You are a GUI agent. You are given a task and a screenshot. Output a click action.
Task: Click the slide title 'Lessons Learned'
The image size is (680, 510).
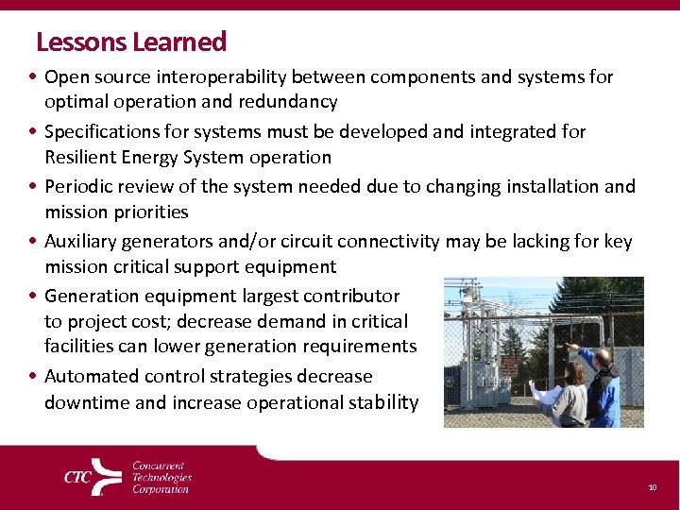tap(130, 42)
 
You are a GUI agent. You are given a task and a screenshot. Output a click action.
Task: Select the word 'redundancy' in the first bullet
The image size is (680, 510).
tap(290, 101)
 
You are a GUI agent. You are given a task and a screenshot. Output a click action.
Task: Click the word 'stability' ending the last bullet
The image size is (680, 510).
tap(382, 402)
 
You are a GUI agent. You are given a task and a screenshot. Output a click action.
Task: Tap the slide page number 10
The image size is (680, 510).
tap(652, 487)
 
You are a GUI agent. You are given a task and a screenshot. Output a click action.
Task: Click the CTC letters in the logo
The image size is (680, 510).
tap(77, 477)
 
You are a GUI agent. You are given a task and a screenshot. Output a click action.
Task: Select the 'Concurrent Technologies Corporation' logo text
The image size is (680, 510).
tap(161, 477)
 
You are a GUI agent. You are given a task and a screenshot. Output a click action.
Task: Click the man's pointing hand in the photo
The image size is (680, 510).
tap(569, 348)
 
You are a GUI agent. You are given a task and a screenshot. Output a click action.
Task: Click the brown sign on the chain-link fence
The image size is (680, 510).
tap(509, 365)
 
